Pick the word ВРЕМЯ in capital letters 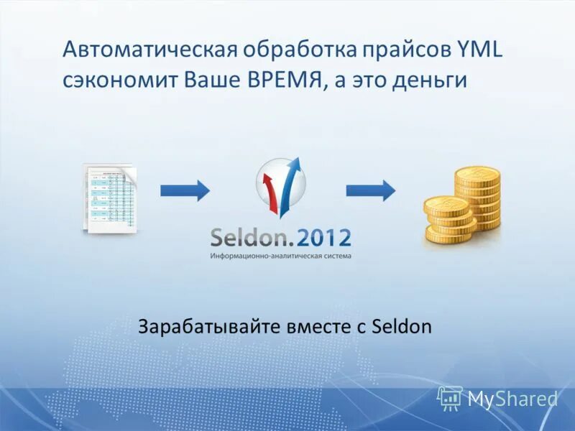pyautogui.click(x=277, y=79)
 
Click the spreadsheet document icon pyautogui.click(x=111, y=197)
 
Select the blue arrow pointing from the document pyautogui.click(x=185, y=190)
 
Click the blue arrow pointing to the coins pyautogui.click(x=371, y=190)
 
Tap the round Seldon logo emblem pyautogui.click(x=281, y=185)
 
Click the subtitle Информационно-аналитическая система pyautogui.click(x=281, y=256)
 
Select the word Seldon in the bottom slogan pyautogui.click(x=402, y=328)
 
